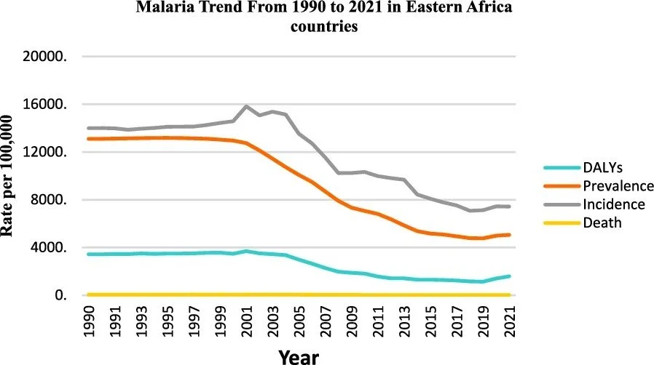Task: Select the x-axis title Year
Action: click(299, 356)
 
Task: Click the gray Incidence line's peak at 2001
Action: click(247, 106)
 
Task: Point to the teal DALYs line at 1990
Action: click(89, 254)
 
